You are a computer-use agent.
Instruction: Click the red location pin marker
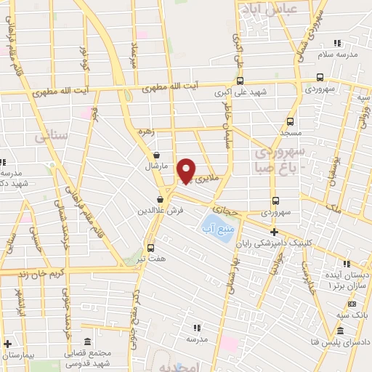pyautogui.click(x=187, y=171)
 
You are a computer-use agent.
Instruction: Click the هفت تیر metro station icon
pyautogui.click(x=150, y=247)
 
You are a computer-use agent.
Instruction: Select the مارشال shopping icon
pyautogui.click(x=156, y=155)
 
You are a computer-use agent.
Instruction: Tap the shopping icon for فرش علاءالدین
pyautogui.click(x=160, y=200)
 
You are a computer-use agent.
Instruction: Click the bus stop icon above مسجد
pyautogui.click(x=291, y=121)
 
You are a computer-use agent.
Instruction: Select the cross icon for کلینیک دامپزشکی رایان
pyautogui.click(x=273, y=231)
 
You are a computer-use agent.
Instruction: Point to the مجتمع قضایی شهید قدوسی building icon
pyautogui.click(x=87, y=341)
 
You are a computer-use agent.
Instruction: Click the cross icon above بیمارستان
pyautogui.click(x=8, y=344)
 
